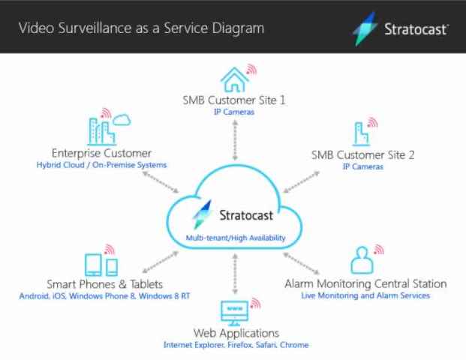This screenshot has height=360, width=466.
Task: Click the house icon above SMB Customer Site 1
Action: click(x=234, y=79)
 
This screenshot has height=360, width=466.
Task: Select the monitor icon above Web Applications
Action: click(x=234, y=313)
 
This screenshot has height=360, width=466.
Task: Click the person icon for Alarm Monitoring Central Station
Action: click(x=362, y=260)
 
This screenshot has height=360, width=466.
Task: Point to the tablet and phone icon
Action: click(x=101, y=265)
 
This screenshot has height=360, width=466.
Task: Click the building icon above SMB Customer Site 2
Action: click(x=361, y=134)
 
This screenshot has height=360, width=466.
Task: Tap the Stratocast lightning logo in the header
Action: click(x=365, y=29)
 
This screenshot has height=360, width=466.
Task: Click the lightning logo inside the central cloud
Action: click(x=203, y=214)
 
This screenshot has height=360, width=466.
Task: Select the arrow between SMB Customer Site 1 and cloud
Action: click(x=235, y=140)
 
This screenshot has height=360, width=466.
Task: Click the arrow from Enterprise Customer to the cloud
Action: click(x=161, y=182)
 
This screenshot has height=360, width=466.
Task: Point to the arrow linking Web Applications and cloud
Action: click(x=235, y=274)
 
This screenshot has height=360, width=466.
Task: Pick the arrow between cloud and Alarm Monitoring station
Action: click(x=302, y=263)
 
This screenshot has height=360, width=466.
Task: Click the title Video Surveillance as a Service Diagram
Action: click(x=142, y=28)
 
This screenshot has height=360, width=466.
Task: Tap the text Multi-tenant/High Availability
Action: click(x=236, y=238)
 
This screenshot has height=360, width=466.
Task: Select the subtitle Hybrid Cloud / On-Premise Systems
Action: click(x=101, y=165)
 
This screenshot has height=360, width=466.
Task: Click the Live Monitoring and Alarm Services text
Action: click(x=365, y=295)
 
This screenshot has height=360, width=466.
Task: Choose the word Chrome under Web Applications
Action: click(x=294, y=345)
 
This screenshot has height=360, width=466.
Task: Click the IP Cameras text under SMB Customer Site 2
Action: click(x=363, y=166)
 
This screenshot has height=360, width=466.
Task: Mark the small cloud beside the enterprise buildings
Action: click(x=122, y=120)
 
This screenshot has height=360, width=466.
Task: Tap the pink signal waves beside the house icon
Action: click(x=251, y=69)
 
